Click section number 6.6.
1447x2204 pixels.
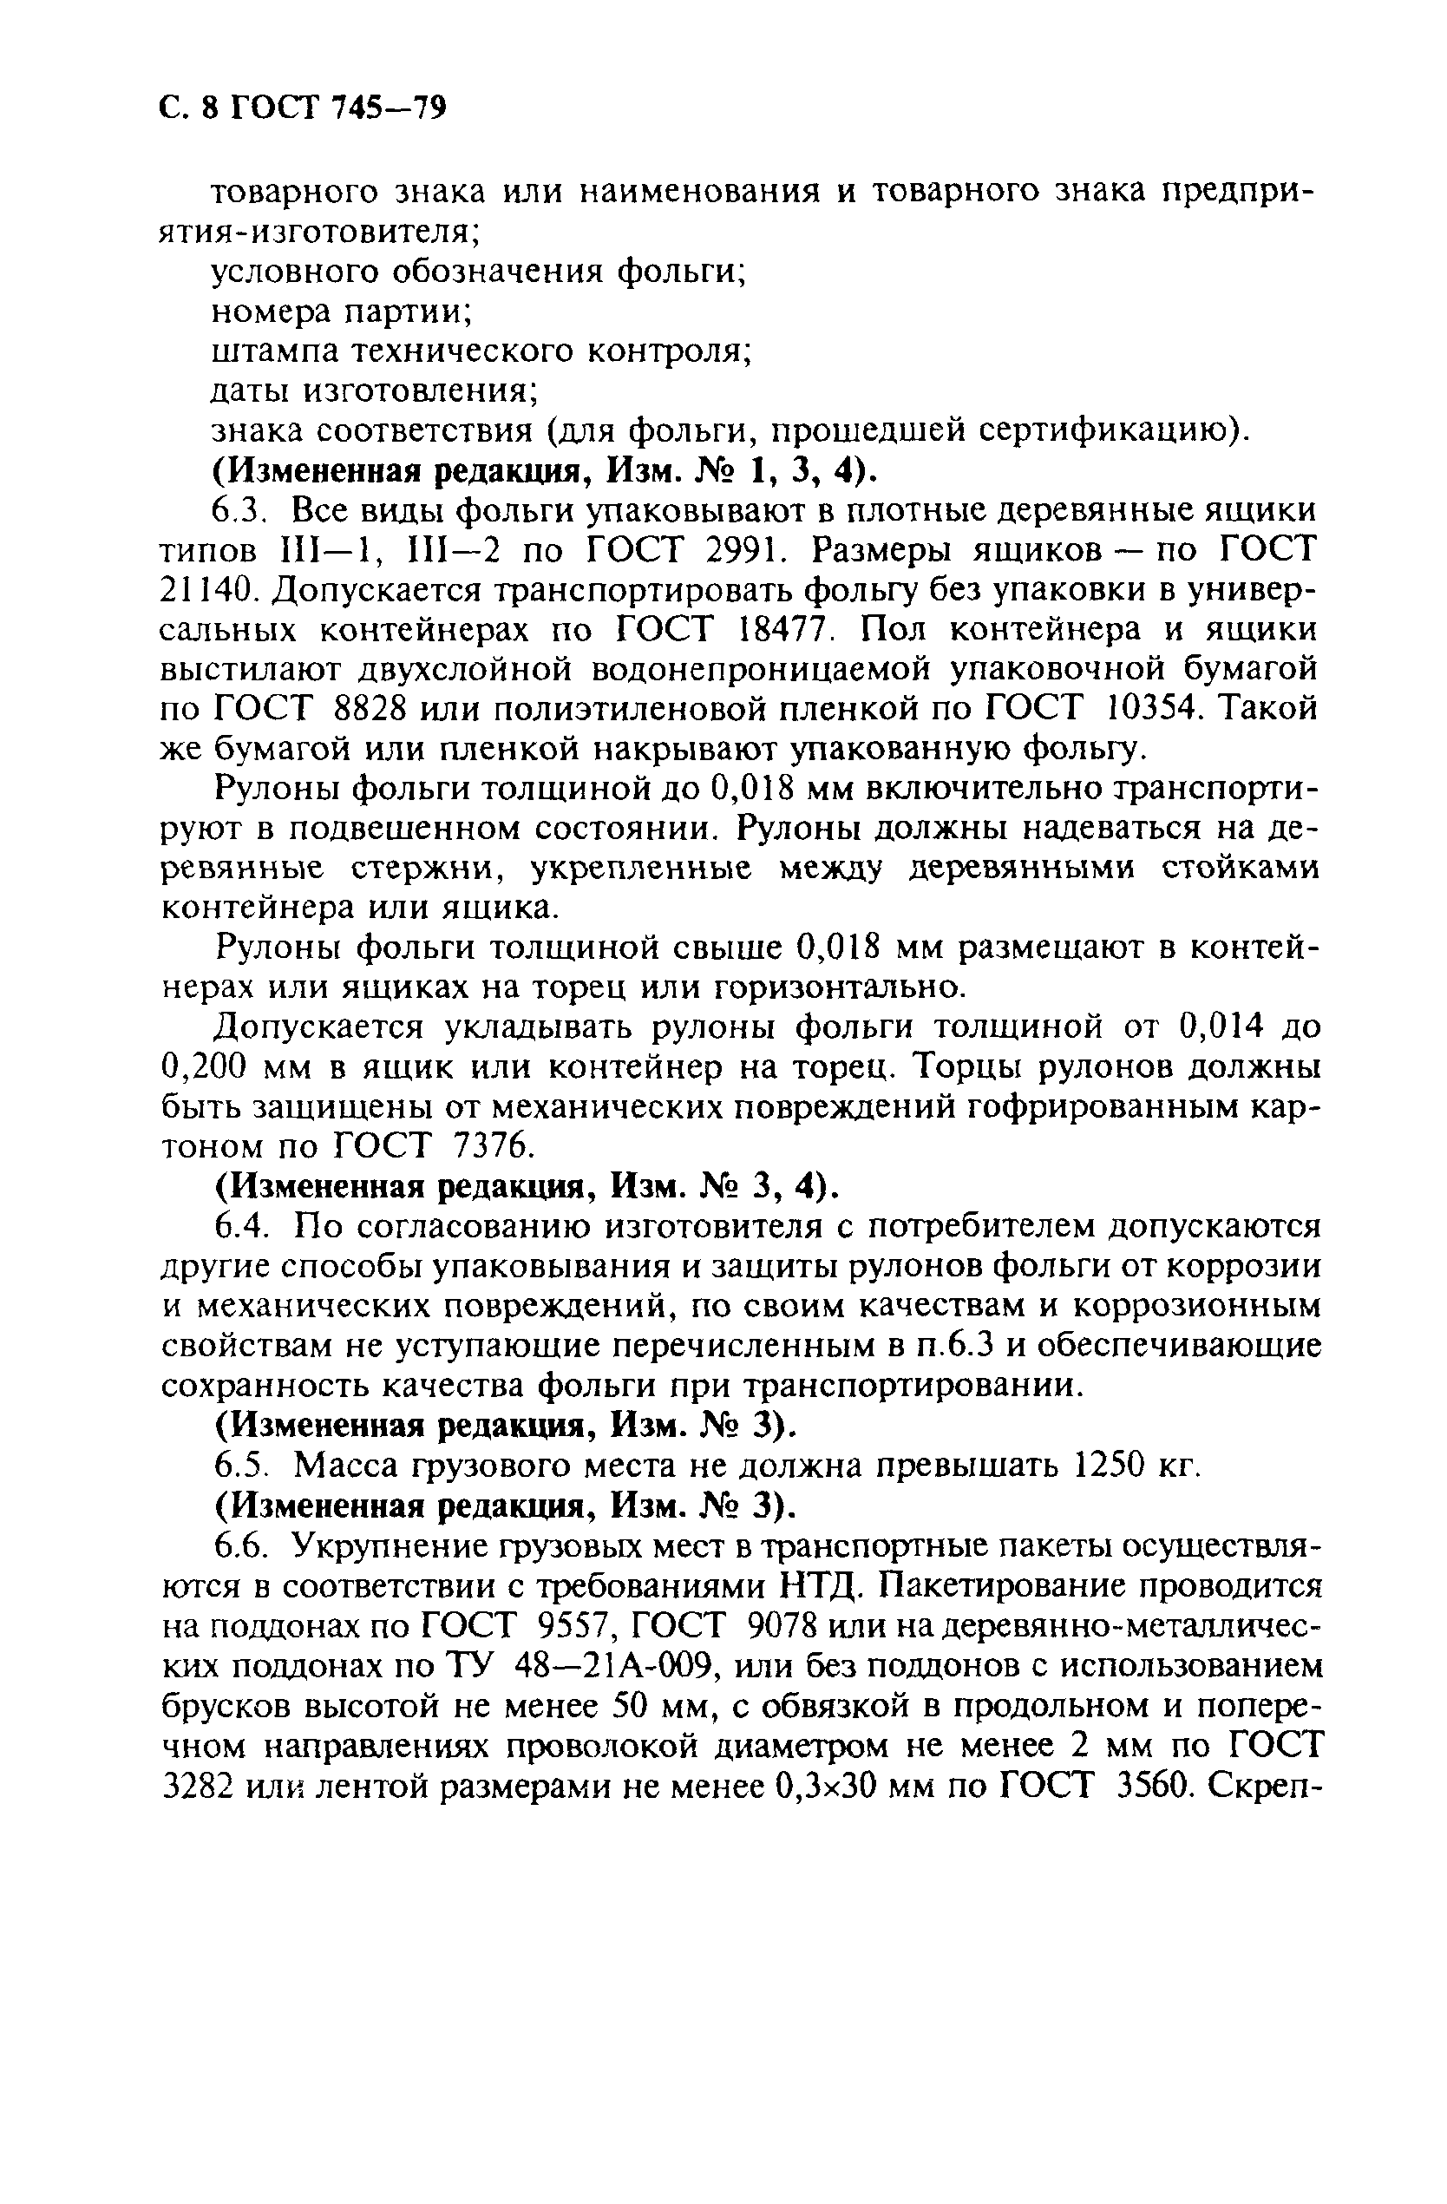coord(242,1546)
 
